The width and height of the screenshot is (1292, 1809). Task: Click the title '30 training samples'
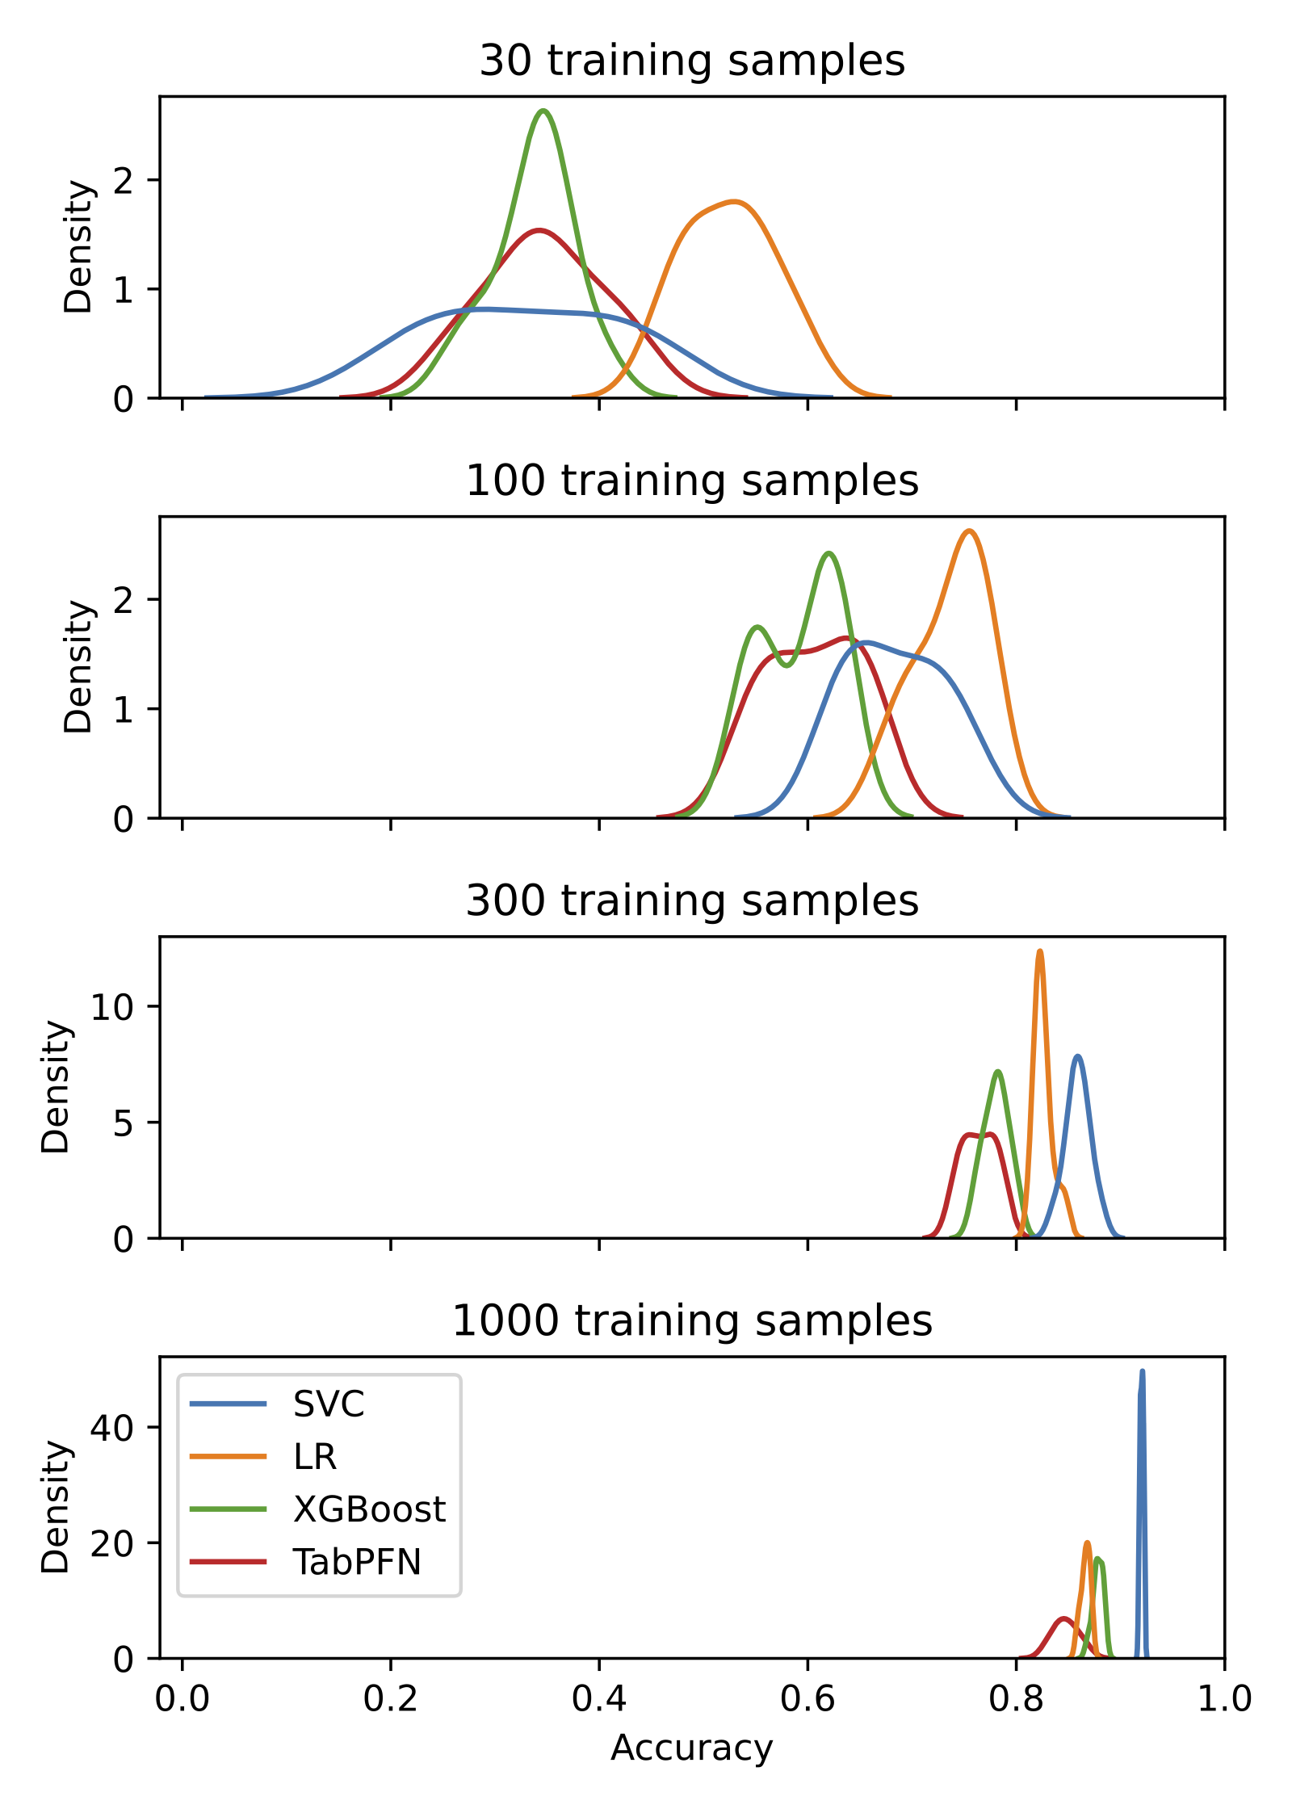click(692, 61)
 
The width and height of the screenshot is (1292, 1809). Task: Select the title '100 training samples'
click(692, 481)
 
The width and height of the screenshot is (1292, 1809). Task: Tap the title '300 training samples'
click(692, 900)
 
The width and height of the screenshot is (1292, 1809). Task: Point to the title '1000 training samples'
click(692, 1320)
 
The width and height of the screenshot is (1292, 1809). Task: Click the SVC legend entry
click(328, 1404)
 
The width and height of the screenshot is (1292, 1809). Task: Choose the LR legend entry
click(314, 1457)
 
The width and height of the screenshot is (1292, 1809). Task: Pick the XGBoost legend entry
click(368, 1509)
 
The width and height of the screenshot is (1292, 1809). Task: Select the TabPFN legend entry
click(356, 1562)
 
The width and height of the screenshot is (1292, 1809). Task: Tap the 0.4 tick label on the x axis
click(598, 1698)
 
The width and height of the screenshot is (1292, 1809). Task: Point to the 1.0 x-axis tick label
click(1223, 1698)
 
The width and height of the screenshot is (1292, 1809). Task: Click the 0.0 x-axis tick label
click(182, 1698)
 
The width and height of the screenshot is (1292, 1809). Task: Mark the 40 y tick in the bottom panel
click(111, 1428)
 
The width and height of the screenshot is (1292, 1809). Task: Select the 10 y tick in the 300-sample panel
click(111, 1006)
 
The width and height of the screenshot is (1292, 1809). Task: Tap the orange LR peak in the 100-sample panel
click(969, 531)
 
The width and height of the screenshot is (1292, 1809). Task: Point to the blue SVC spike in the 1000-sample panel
click(1142, 1373)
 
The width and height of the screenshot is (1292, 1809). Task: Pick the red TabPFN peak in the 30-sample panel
click(539, 231)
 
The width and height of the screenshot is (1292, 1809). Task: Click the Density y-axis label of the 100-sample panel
click(79, 666)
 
